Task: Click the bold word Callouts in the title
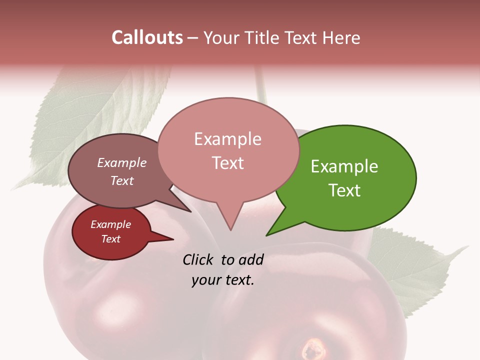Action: tap(147, 37)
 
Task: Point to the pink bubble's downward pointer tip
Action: tap(230, 229)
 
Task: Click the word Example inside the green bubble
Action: tap(344, 166)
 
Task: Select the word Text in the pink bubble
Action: tap(228, 163)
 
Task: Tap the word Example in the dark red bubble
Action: tap(110, 224)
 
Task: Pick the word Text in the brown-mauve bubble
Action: tap(121, 180)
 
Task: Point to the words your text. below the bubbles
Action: tap(223, 280)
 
